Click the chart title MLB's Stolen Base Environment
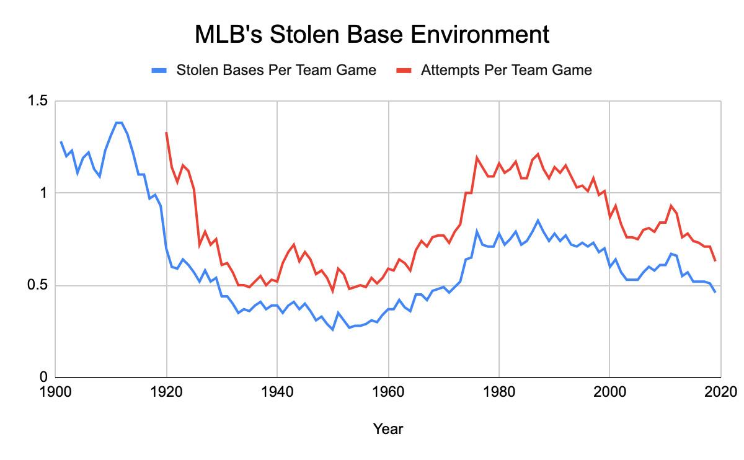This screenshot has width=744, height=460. (372, 34)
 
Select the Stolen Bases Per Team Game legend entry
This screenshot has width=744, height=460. (276, 70)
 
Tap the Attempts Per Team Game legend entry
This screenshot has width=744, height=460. (506, 70)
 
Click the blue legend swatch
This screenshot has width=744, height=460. (161, 71)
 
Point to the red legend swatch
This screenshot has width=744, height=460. (405, 71)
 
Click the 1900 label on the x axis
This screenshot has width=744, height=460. (56, 392)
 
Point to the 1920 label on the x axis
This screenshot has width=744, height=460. (166, 392)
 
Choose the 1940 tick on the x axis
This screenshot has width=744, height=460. (277, 392)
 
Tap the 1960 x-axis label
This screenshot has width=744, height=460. (388, 392)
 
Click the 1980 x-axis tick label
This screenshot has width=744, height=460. (499, 392)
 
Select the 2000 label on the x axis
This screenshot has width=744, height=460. (609, 392)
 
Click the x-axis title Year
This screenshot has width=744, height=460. (387, 428)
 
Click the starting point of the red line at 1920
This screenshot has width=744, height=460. (166, 133)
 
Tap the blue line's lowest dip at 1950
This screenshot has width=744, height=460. (332, 329)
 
